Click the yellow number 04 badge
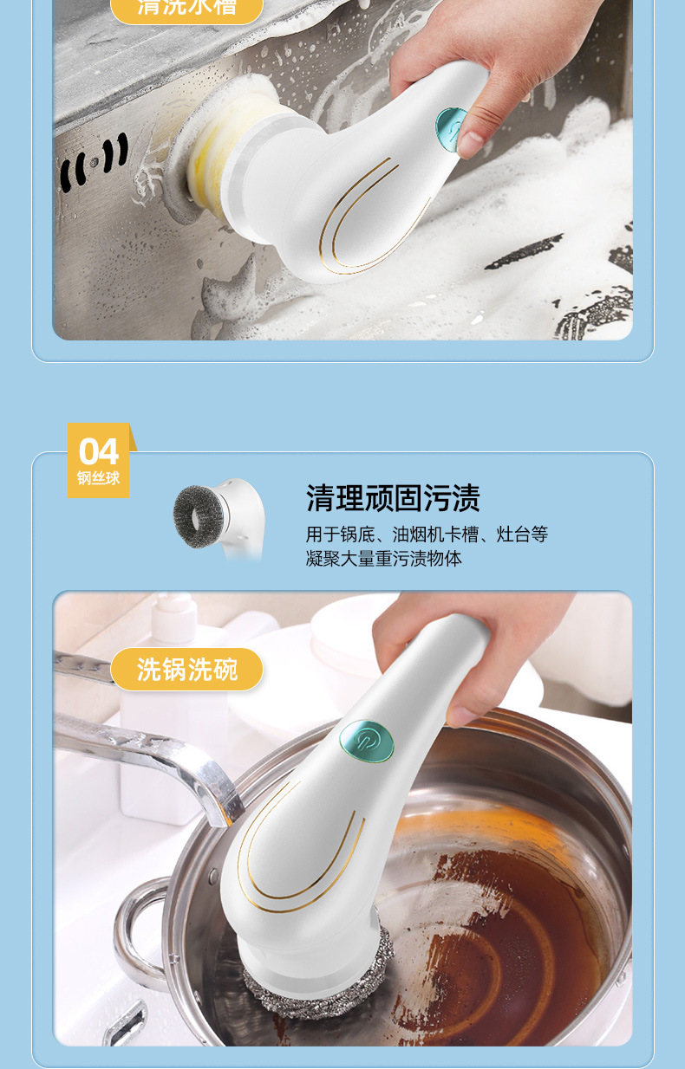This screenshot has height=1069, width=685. click(98, 452)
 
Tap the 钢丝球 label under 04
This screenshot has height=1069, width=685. click(98, 478)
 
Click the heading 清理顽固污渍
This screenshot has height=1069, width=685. click(393, 498)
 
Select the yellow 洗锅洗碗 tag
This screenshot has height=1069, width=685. click(186, 669)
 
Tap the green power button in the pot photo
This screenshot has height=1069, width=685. click(366, 742)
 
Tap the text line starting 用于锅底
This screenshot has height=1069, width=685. click(427, 534)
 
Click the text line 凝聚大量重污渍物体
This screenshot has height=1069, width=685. click(383, 559)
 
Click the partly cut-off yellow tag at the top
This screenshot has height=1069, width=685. click(186, 9)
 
